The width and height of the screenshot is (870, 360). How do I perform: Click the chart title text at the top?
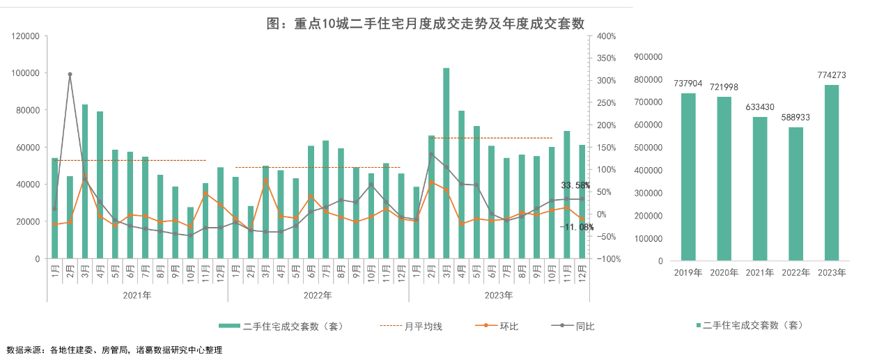426,23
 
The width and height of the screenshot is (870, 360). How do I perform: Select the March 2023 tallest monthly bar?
446,164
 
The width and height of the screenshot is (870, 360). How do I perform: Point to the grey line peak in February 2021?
70,74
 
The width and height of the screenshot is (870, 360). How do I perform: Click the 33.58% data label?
576,185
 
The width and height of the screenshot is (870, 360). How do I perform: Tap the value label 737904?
688,83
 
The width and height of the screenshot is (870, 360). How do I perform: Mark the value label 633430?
760,107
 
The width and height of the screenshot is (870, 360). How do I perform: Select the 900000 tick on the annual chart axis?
649,57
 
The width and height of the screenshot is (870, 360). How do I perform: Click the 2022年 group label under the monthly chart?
317,295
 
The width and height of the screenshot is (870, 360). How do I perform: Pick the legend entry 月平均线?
423,326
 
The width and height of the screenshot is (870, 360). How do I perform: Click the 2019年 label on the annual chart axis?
688,273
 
